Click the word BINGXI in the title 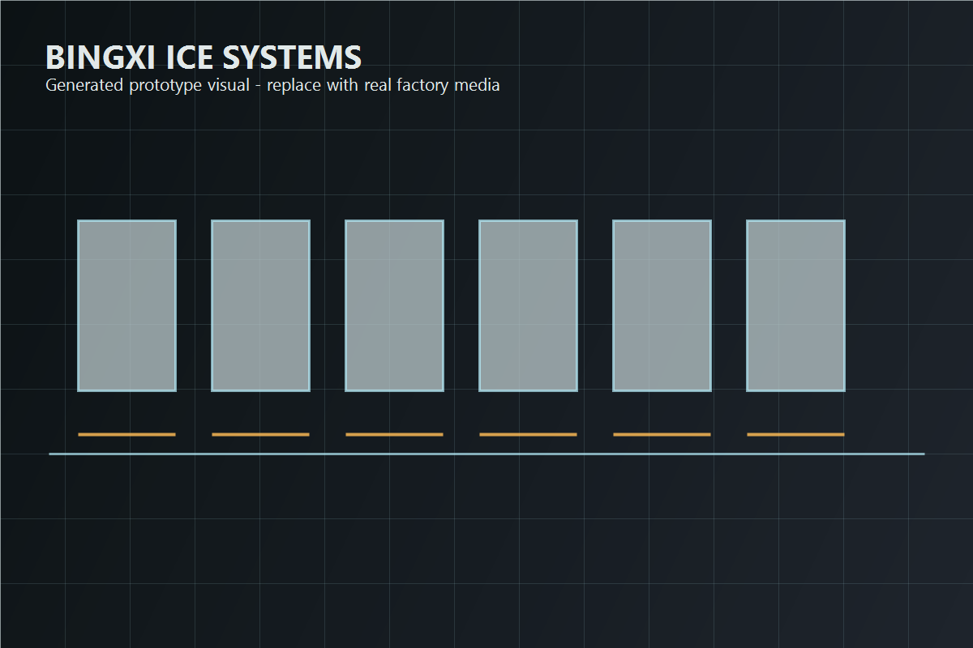click(101, 58)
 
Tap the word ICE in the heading click(190, 58)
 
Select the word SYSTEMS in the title click(292, 58)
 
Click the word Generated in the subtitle click(84, 85)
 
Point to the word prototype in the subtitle click(165, 86)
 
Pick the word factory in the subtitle click(422, 86)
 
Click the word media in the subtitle click(477, 85)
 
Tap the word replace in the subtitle click(294, 86)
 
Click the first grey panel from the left click(126, 306)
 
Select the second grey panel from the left click(260, 306)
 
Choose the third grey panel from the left click(394, 306)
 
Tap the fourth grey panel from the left click(528, 306)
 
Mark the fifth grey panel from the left click(662, 306)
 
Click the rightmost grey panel click(795, 306)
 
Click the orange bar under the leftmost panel click(126, 434)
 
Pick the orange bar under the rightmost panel click(795, 434)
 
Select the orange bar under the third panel click(394, 434)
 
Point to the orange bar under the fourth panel click(528, 434)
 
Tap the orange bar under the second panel click(260, 434)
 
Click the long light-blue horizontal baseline click(487, 454)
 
